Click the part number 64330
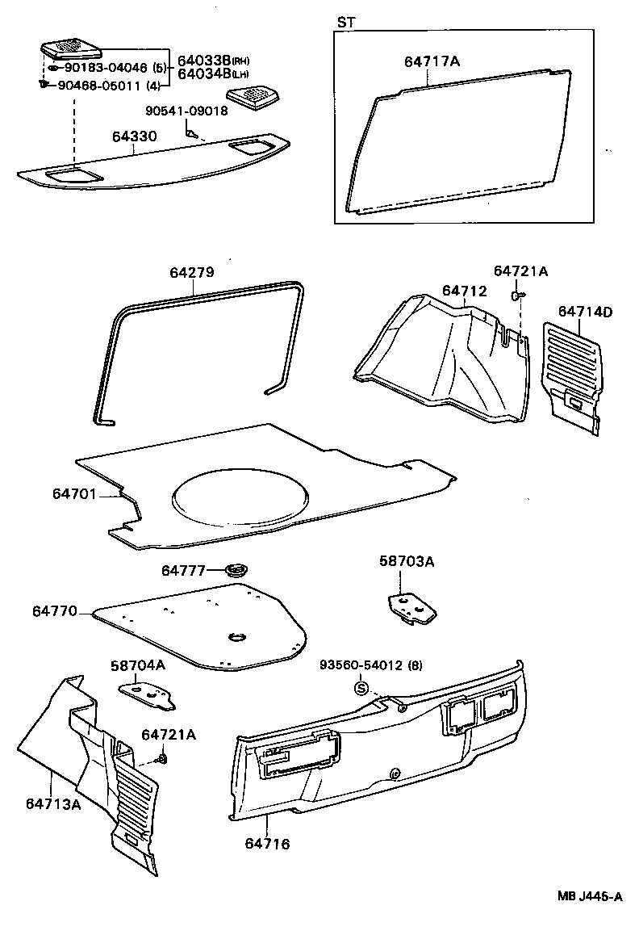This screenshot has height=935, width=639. pyautogui.click(x=134, y=137)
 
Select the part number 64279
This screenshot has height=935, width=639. pyautogui.click(x=191, y=273)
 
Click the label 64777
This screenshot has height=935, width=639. pyautogui.click(x=184, y=571)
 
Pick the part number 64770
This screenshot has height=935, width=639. pyautogui.click(x=55, y=611)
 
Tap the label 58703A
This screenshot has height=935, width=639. pyautogui.click(x=406, y=561)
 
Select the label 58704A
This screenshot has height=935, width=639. pyautogui.click(x=137, y=665)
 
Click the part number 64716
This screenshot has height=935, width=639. pyautogui.click(x=267, y=844)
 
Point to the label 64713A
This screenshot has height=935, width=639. pyautogui.click(x=52, y=803)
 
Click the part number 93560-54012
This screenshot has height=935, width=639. pyautogui.click(x=358, y=665)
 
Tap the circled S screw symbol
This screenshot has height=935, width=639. pyautogui.click(x=361, y=689)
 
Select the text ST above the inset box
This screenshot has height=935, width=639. pyautogui.click(x=345, y=23)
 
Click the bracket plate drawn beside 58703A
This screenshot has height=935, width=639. pyautogui.click(x=411, y=609)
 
